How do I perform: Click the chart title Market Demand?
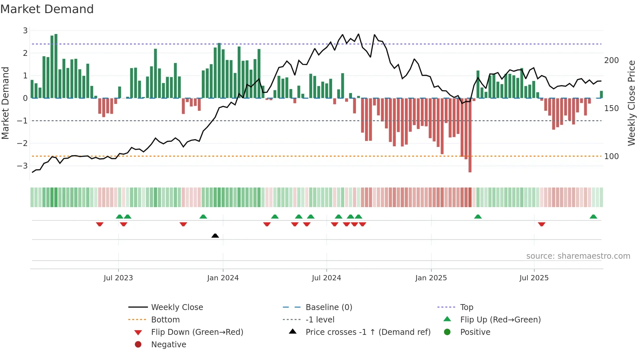pyautogui.click(x=47, y=9)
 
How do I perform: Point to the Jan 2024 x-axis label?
pyautogui.click(x=223, y=278)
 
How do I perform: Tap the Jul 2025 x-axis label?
pyautogui.click(x=534, y=278)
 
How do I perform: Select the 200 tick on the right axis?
pyautogui.click(x=611, y=60)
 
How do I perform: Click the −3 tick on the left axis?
pyautogui.click(x=23, y=166)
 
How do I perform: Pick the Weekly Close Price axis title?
pyautogui.click(x=632, y=103)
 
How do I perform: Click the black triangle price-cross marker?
pyautogui.click(x=215, y=236)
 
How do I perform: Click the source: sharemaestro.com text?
pyautogui.click(x=578, y=256)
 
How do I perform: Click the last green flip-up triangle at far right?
pyautogui.click(x=593, y=217)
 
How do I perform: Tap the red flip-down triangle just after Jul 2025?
pyautogui.click(x=542, y=224)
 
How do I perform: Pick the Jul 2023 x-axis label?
pyautogui.click(x=118, y=278)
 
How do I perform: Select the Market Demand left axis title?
pyautogui.click(x=5, y=103)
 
